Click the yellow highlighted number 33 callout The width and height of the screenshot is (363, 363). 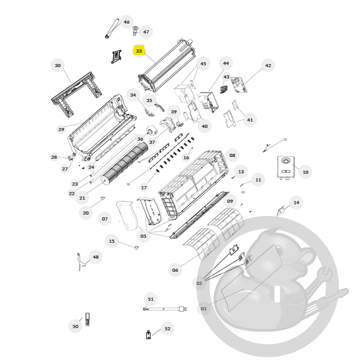[x=139, y=51]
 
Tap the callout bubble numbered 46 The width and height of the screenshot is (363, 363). [x=127, y=22]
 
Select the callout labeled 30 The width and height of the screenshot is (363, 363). [x=58, y=65]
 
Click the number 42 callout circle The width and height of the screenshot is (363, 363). [x=268, y=65]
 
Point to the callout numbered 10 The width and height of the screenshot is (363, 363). [x=305, y=172]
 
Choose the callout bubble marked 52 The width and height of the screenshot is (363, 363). [x=167, y=329]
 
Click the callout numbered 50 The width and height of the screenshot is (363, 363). [x=75, y=326]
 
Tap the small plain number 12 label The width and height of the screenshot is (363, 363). [x=285, y=139]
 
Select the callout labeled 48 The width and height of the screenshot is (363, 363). [x=96, y=257]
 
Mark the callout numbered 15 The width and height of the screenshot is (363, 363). [x=112, y=241]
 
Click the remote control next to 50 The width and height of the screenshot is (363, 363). [x=88, y=319]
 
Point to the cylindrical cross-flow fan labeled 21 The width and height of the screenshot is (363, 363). [x=124, y=163]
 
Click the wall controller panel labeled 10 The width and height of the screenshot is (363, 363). [x=286, y=167]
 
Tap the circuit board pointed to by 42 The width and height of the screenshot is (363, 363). [x=239, y=85]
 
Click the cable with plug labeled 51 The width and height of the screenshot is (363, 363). [x=165, y=309]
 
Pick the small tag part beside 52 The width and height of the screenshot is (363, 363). [x=148, y=335]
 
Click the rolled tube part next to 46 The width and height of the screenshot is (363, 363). [x=113, y=29]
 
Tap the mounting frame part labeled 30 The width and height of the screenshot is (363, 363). [x=76, y=94]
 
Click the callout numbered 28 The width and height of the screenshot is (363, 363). [x=54, y=157]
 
